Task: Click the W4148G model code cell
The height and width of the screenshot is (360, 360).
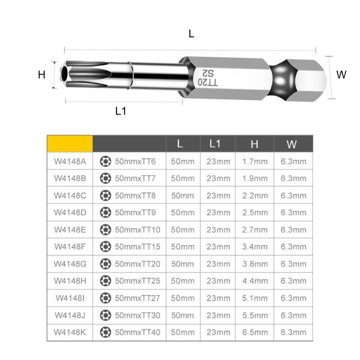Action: click(70, 264)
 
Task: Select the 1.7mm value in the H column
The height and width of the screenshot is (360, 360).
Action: click(255, 162)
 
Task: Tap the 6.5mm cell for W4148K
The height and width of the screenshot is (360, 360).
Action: click(255, 333)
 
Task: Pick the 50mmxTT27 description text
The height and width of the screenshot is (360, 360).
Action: click(137, 298)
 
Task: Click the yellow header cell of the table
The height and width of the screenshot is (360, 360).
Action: click(70, 144)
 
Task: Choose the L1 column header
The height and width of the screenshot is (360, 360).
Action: click(216, 144)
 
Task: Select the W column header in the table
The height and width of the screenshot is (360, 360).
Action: click(292, 144)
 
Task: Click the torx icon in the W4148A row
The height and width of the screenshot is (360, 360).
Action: click(105, 161)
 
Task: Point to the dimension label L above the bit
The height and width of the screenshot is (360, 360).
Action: click(192, 34)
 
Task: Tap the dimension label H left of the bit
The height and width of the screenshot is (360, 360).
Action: click(42, 75)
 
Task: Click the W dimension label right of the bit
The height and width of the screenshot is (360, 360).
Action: click(342, 75)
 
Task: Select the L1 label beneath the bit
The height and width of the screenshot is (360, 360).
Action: click(121, 111)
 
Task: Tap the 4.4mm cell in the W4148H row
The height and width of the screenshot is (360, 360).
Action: click(255, 281)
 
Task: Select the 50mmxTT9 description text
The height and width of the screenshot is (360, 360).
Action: click(135, 212)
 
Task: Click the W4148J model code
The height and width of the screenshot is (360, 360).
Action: click(70, 315)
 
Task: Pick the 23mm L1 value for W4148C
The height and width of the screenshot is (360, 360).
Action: click(218, 196)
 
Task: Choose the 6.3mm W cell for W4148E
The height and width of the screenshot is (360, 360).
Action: click(293, 229)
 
